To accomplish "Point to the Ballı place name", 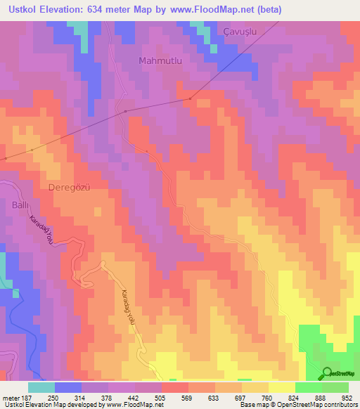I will (x=15, y=204).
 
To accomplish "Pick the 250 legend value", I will (x=62, y=397).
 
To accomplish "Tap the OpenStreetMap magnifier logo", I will (x=328, y=374).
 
